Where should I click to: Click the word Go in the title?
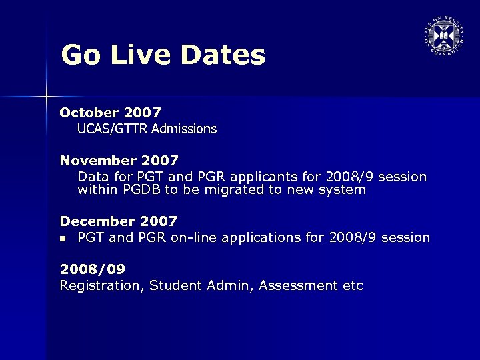tap(81, 55)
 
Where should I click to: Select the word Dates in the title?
tap(225, 55)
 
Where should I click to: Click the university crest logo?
tap(442, 34)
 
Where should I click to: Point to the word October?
tap(89, 113)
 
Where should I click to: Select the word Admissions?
tap(183, 129)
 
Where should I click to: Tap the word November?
tap(96, 161)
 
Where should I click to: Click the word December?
tap(95, 221)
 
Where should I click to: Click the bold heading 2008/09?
tap(93, 269)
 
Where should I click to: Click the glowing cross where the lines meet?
tap(46, 97)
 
